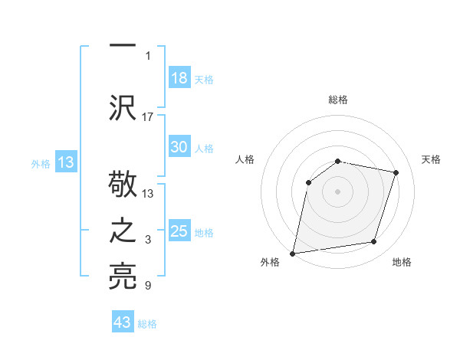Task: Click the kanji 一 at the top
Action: tap(123, 45)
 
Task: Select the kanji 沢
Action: tap(123, 106)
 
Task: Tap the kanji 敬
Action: tap(123, 186)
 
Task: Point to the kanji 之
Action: tap(123, 231)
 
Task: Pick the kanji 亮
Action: tap(123, 277)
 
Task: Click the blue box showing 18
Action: tap(179, 78)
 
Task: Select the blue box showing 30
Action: tap(179, 147)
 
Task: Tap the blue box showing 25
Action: tap(179, 231)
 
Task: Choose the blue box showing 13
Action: tap(65, 162)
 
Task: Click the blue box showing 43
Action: tap(123, 322)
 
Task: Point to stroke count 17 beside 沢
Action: tap(148, 116)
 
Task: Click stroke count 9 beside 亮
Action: tap(148, 286)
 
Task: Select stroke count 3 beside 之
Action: tap(148, 241)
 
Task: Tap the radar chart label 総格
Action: tap(338, 100)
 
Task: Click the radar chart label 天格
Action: tap(431, 159)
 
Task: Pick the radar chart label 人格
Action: tap(245, 159)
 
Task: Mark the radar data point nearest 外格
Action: tap(293, 253)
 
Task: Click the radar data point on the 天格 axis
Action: tap(396, 172)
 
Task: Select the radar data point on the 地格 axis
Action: tap(374, 242)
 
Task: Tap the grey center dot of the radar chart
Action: tap(338, 191)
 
